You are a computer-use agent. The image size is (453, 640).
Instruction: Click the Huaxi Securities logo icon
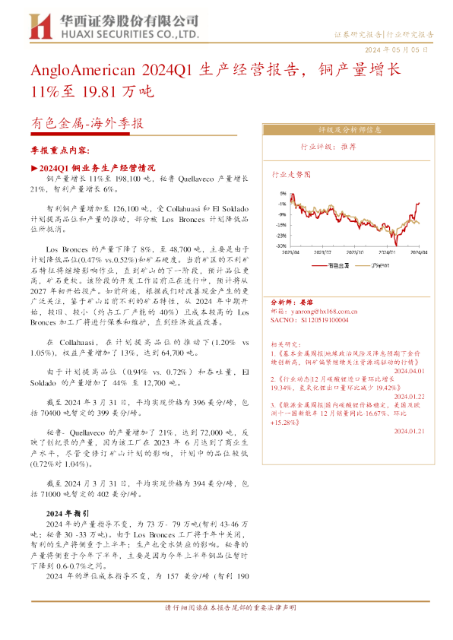coord(38,27)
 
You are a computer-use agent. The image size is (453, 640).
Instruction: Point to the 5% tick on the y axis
coord(282,193)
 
